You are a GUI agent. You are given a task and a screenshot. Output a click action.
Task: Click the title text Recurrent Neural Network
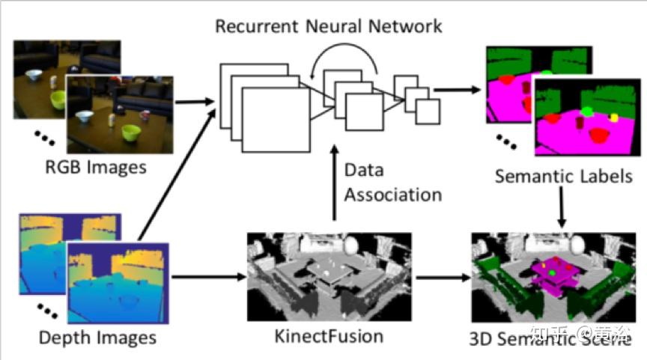pos(328,27)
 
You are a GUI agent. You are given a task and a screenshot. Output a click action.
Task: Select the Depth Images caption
pos(97,338)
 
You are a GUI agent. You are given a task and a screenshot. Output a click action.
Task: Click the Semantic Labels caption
pos(563,177)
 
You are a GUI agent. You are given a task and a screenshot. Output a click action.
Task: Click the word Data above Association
pos(364,170)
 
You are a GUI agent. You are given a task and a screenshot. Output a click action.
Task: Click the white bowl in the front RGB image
pos(85,118)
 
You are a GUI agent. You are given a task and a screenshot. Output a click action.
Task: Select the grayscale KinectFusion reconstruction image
pos(329,278)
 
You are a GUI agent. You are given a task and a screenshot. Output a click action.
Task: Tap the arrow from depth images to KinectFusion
pos(210,278)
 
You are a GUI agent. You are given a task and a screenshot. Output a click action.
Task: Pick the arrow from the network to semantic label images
pos(456,89)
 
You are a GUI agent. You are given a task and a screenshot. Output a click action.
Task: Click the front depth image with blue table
pos(119,281)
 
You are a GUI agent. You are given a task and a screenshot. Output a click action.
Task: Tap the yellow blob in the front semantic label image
pos(614,118)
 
